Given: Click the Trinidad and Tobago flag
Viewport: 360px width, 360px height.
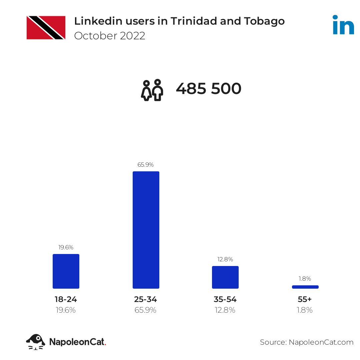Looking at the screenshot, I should click(46, 28).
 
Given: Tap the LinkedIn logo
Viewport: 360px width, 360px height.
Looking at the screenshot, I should click(343, 25).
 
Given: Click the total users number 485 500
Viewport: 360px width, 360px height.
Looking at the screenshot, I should click(208, 89).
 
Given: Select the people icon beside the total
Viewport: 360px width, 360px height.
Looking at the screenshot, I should click(152, 90).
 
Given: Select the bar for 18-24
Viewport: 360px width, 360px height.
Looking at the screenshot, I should click(66, 271).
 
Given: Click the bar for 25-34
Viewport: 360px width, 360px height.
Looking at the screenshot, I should click(146, 230).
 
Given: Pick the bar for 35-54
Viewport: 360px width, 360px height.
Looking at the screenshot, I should click(225, 277).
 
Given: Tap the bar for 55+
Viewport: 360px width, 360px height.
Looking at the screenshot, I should click(305, 287).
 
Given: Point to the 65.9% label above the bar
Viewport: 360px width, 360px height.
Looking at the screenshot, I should click(146, 165).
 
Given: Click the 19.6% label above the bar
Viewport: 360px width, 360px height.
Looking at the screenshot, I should click(66, 247).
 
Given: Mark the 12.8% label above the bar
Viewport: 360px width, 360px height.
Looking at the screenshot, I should click(225, 259).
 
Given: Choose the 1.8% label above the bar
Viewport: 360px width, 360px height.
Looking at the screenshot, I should click(305, 279).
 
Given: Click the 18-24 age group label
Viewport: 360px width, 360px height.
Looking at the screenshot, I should click(66, 299).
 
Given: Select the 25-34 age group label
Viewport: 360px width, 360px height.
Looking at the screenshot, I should click(146, 299).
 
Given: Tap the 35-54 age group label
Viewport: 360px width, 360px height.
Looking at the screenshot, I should click(225, 299).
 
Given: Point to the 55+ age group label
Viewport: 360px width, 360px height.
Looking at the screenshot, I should click(305, 299).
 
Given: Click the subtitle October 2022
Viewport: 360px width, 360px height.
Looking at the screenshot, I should click(110, 36).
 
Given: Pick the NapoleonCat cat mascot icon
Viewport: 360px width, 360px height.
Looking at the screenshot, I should click(36, 342).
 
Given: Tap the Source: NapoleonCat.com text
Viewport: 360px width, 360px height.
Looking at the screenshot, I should click(307, 342).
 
